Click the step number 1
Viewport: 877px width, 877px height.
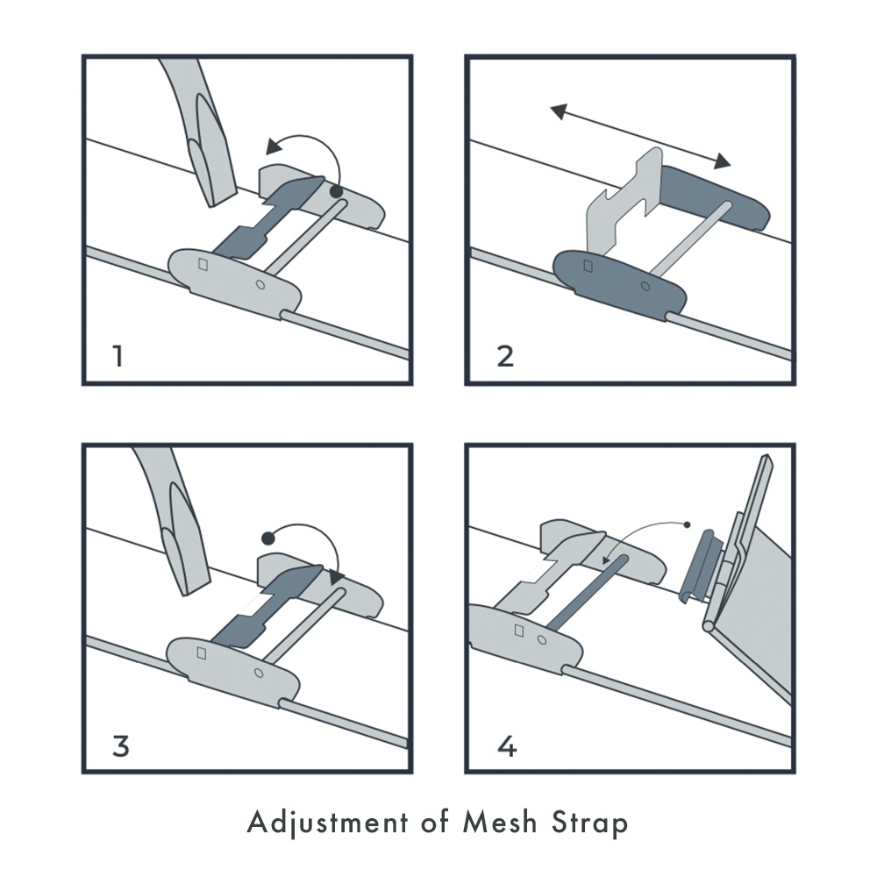pos(118,356)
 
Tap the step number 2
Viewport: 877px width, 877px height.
pos(505,356)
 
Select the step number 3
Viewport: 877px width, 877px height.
pos(121,745)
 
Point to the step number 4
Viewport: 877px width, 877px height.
pos(507,745)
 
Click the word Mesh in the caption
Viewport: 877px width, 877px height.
pos(500,823)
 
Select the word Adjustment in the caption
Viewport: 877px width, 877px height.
pos(328,823)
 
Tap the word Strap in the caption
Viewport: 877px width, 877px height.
pos(589,824)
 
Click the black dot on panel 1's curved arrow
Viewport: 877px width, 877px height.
pos(336,191)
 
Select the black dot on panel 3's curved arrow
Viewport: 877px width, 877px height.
pos(267,538)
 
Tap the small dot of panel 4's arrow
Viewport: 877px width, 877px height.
pos(688,524)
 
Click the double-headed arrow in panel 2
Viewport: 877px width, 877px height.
pos(640,136)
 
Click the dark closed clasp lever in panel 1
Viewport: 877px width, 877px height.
pos(263,218)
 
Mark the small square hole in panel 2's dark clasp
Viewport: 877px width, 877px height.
pos(588,266)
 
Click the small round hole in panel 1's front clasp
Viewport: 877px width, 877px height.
pos(260,285)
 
